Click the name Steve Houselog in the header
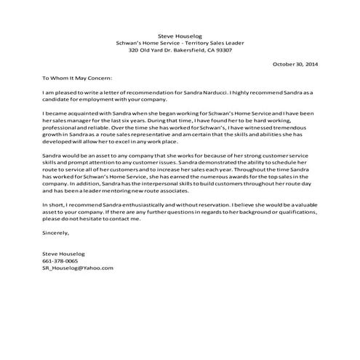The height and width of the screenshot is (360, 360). [x=179, y=35]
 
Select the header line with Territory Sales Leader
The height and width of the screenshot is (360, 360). [x=180, y=43]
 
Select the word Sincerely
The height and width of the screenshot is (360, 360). [x=56, y=232]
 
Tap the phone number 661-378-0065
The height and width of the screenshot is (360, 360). [x=60, y=260]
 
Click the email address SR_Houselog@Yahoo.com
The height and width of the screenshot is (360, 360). [x=78, y=268]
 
